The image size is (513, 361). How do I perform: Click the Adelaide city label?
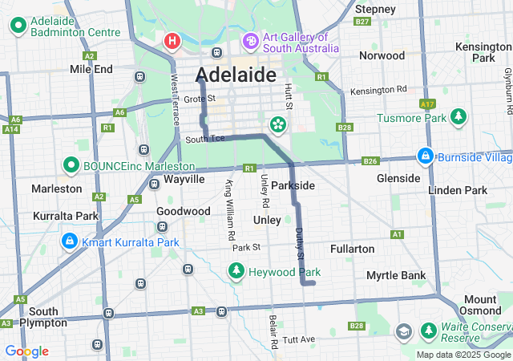236,75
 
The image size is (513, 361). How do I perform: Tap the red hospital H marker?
172,40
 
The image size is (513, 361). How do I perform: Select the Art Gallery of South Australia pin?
250,40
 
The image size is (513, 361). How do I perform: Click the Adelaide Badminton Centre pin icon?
18,26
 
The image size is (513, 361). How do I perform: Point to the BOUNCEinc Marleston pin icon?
70,166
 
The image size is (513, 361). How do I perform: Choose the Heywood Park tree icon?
236,272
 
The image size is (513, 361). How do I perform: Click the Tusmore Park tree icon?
458,118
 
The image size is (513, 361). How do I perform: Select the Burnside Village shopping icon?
426,155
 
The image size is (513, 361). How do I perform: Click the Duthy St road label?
300,243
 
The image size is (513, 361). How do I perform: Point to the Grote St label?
195,99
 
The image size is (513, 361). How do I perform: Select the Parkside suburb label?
293,185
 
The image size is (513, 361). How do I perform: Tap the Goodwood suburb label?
184,211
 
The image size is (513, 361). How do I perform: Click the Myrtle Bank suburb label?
396,275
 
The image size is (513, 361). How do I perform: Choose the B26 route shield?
370,161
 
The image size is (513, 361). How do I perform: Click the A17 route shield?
427,104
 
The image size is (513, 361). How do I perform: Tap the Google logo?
26,351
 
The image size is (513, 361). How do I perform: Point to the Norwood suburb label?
382,55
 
